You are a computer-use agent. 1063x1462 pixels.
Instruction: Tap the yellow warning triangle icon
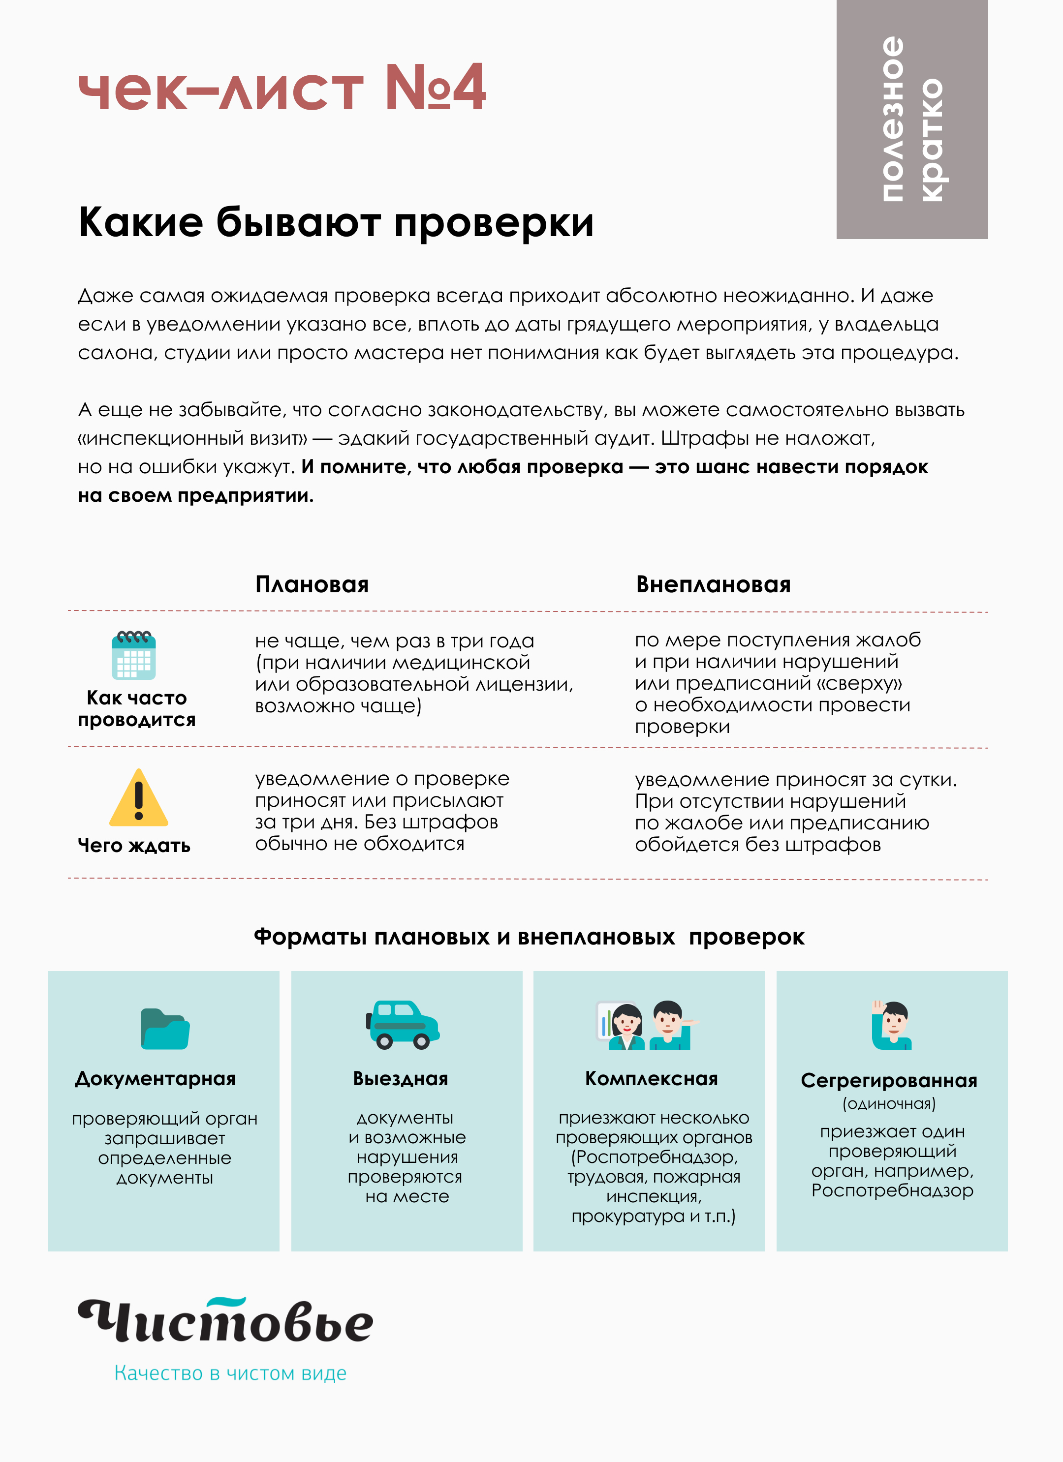tap(139, 799)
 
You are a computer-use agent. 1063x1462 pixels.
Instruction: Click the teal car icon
tap(403, 1025)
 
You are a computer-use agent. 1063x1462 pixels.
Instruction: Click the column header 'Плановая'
tap(312, 585)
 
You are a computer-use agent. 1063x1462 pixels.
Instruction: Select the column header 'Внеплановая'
tap(713, 585)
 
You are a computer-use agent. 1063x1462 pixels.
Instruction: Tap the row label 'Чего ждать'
tap(134, 845)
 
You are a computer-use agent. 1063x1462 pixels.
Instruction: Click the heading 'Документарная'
tap(156, 1078)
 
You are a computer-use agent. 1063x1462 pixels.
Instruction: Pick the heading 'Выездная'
tap(401, 1078)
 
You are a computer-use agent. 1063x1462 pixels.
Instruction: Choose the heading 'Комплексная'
tap(652, 1078)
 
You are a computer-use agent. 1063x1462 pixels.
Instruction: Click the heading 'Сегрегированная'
tap(889, 1080)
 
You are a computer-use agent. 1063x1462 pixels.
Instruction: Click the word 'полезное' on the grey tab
tap(892, 119)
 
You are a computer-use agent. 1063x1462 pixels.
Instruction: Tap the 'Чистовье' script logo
tap(226, 1321)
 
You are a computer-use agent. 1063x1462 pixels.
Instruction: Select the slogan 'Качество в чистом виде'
tap(230, 1373)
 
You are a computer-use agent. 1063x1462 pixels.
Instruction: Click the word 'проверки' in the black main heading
tap(494, 223)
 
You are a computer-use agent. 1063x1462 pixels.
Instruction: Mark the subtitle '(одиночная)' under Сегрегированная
tap(889, 1103)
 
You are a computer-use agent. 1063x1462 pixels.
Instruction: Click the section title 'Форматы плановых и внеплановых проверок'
tap(529, 937)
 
